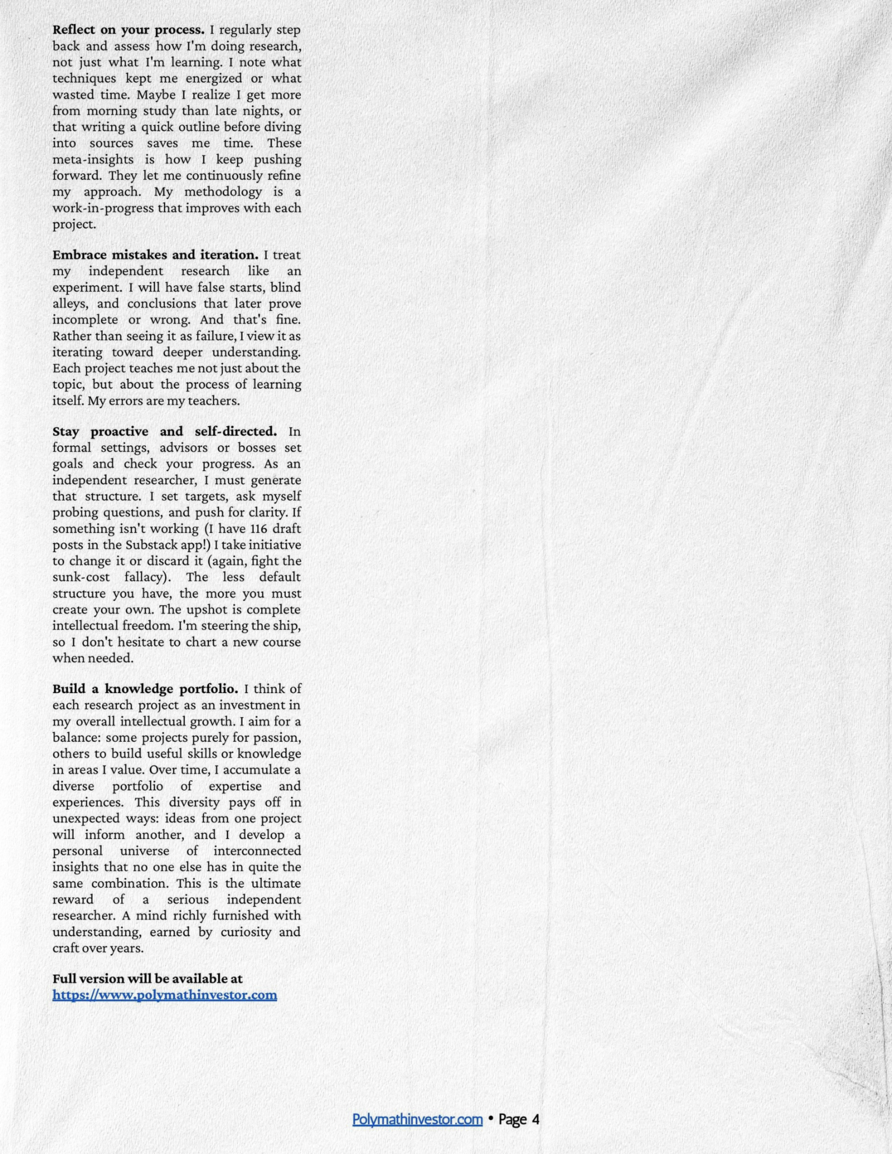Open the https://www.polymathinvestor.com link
(164, 995)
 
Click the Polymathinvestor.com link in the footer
(417, 1119)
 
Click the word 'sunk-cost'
(81, 577)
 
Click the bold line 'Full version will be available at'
(147, 979)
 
